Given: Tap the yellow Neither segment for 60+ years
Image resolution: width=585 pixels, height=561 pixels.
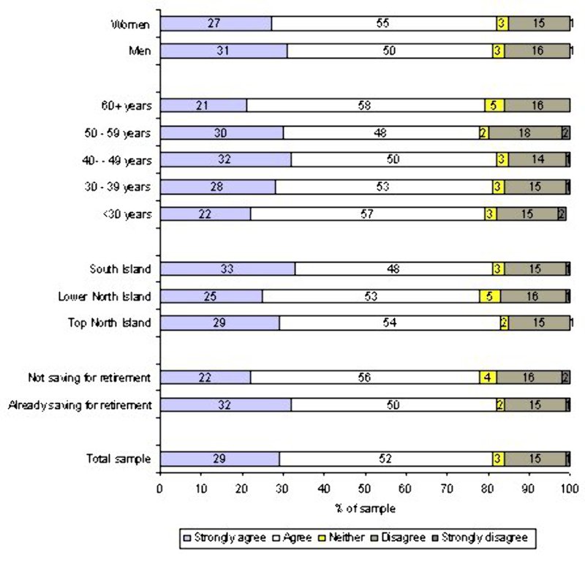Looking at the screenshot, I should click(x=493, y=105).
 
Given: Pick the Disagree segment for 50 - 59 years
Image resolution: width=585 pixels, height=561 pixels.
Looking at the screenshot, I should click(x=524, y=132).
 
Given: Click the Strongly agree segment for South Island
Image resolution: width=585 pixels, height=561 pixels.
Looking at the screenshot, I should click(x=227, y=268).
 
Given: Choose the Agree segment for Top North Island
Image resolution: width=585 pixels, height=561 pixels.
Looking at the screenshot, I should click(x=389, y=323).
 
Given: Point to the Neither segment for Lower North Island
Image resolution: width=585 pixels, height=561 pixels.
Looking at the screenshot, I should click(x=489, y=295).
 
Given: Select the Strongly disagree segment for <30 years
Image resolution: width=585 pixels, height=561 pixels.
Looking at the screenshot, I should click(x=562, y=214).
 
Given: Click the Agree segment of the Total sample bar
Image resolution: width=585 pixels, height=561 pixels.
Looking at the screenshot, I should click(x=385, y=459).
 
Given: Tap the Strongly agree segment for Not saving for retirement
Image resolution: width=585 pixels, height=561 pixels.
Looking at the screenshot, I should click(x=205, y=377).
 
